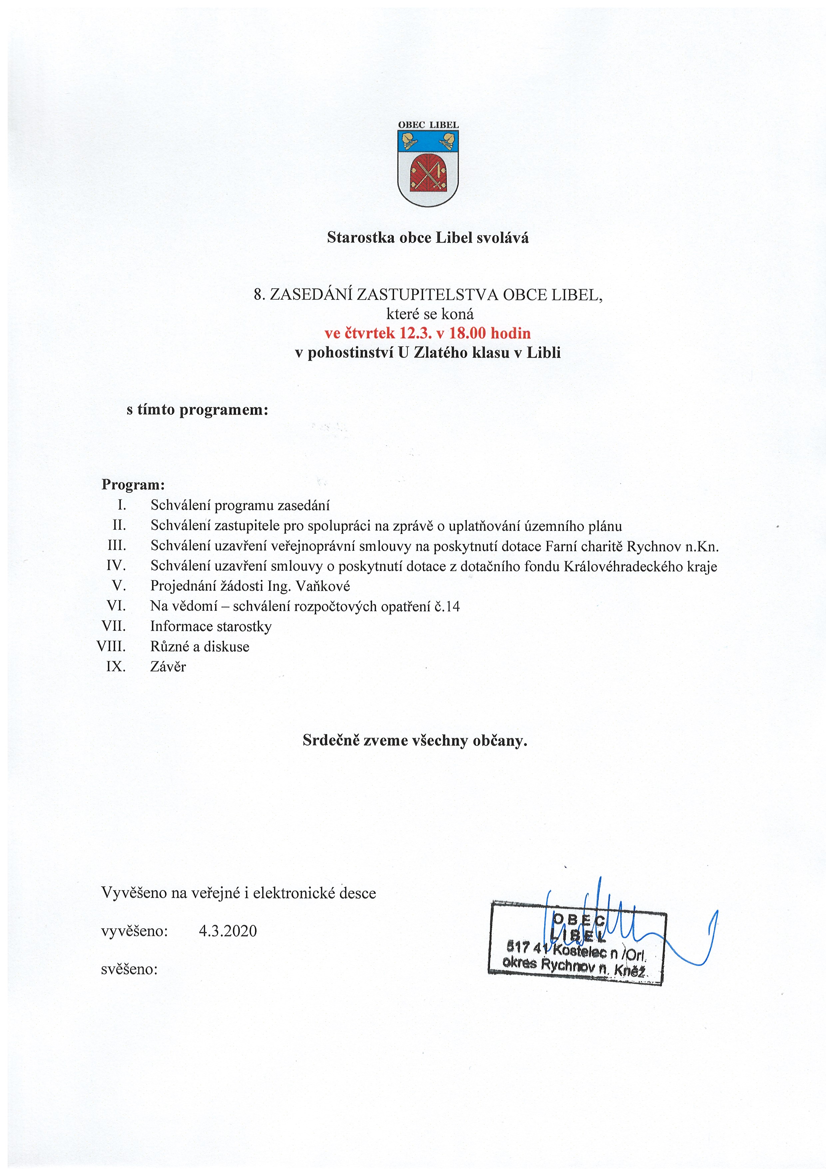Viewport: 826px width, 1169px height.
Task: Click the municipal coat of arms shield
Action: coord(428,168)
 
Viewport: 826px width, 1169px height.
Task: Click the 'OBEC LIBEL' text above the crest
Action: coord(428,125)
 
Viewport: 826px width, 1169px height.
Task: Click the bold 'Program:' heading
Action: coord(133,484)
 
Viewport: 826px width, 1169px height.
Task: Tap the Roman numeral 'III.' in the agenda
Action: coord(117,546)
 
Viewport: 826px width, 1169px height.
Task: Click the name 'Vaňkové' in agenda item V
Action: coord(323,586)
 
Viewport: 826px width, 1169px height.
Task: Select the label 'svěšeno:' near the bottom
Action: coord(129,969)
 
